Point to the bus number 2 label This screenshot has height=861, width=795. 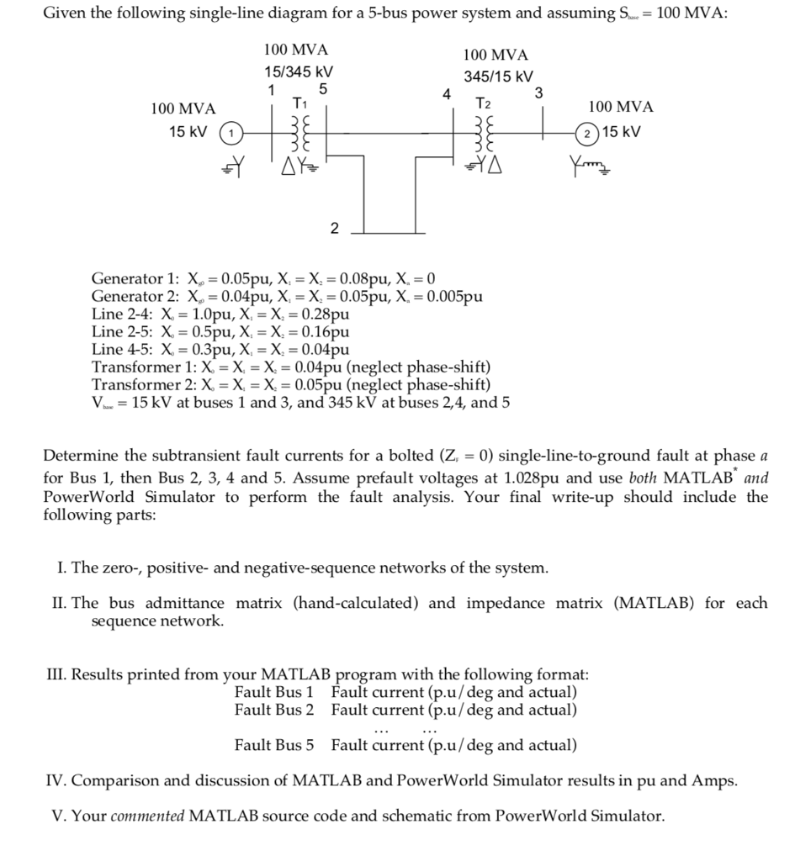point(334,228)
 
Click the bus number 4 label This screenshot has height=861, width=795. point(447,92)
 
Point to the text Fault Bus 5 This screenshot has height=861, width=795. point(274,745)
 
